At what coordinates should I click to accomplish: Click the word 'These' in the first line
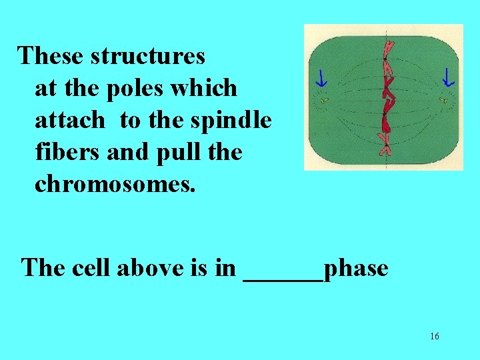pyautogui.click(x=51, y=56)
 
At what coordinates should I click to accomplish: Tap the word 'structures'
pyautogui.click(x=148, y=56)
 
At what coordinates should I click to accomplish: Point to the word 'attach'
pyautogui.click(x=69, y=120)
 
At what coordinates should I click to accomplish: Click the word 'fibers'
pyautogui.click(x=63, y=152)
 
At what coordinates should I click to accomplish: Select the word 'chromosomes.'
pyautogui.click(x=115, y=184)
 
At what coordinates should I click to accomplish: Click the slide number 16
pyautogui.click(x=434, y=337)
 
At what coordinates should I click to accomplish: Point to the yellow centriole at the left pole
pyautogui.click(x=324, y=101)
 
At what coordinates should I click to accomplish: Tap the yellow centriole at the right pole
pyautogui.click(x=442, y=101)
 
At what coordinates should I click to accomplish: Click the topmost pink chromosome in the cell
pyautogui.click(x=385, y=50)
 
